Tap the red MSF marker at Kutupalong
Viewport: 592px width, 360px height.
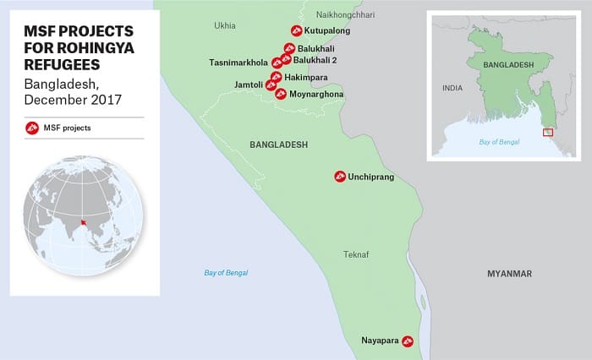point(295,31)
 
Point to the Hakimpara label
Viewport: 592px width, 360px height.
point(305,77)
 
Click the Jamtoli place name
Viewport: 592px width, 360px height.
point(250,85)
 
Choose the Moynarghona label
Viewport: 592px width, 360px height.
point(316,94)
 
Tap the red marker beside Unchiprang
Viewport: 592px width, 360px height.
point(339,177)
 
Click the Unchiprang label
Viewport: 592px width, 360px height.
point(370,177)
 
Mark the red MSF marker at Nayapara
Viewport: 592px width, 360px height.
point(408,341)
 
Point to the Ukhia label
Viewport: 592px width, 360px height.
point(224,25)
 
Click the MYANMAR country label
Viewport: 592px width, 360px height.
point(509,274)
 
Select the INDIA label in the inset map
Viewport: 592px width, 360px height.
point(452,88)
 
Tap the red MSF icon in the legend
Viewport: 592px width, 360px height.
point(31,128)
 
